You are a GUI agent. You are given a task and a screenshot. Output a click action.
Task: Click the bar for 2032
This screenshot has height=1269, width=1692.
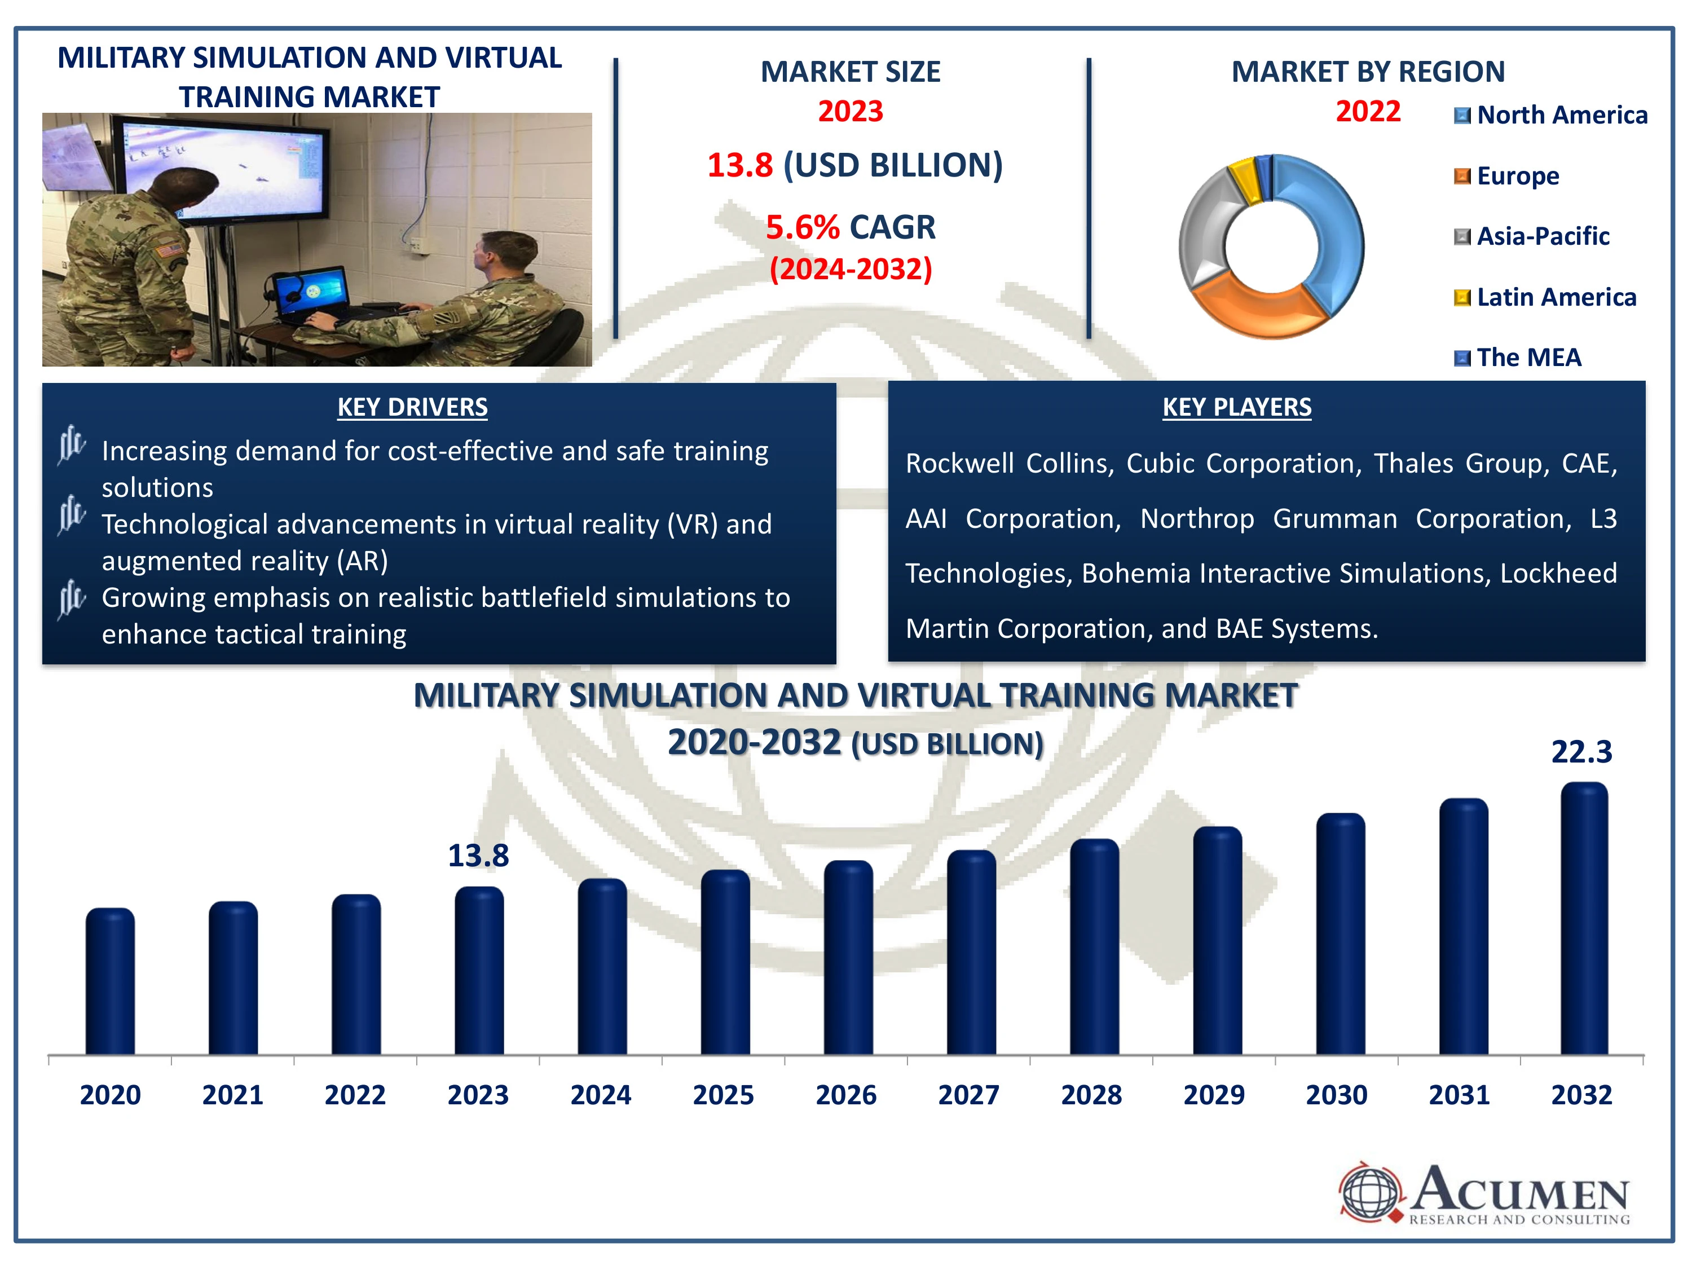coord(1584,919)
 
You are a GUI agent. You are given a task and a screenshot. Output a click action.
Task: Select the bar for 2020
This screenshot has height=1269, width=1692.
coord(110,981)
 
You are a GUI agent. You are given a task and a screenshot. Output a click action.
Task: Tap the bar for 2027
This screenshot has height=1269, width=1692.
coord(971,953)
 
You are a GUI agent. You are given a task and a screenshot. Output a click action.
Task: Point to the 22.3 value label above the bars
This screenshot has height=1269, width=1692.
coord(1581,752)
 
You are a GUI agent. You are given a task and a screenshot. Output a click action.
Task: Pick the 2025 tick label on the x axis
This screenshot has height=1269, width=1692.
coord(724,1095)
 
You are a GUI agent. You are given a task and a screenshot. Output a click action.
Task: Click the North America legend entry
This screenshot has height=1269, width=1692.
coord(1550,114)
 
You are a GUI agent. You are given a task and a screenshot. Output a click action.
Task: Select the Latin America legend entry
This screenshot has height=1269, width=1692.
coord(1545,297)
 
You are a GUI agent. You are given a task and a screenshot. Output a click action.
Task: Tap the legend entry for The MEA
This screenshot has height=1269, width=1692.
coord(1518,357)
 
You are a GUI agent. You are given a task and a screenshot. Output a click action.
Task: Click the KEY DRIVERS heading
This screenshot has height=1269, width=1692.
coord(412,407)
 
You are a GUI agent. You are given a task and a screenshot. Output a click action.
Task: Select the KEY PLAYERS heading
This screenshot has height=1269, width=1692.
coord(1237,407)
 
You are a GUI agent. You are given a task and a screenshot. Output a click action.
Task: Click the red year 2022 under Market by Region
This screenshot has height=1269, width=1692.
coord(1368,112)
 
